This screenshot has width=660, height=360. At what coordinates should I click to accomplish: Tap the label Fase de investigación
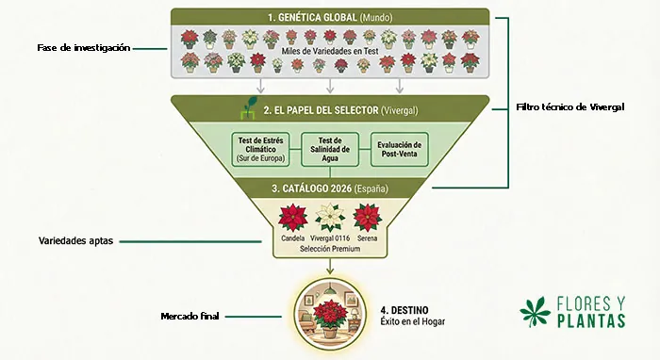(83, 47)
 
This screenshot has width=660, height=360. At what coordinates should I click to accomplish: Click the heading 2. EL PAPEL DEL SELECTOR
(335, 109)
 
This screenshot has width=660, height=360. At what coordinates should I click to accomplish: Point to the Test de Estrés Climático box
(261, 148)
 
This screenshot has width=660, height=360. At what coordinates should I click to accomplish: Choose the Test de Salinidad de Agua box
(328, 148)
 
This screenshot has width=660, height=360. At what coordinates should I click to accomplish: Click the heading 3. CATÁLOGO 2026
(328, 188)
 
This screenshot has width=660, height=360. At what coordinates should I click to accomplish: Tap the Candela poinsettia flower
(293, 218)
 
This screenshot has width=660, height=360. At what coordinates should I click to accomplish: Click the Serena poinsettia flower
(367, 218)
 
